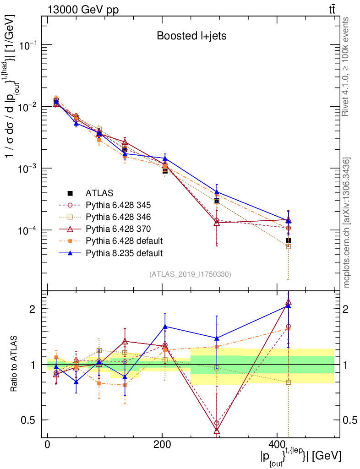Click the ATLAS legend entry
coord(99,192)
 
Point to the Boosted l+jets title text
coord(191,36)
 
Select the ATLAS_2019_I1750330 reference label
coord(190,274)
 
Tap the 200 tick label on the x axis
coord(162,445)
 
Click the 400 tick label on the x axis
coord(276,445)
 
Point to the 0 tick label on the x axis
coord(48,445)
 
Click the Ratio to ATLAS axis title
coord(16,364)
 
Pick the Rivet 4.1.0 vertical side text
coord(346,66)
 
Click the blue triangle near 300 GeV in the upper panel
coord(217,192)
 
